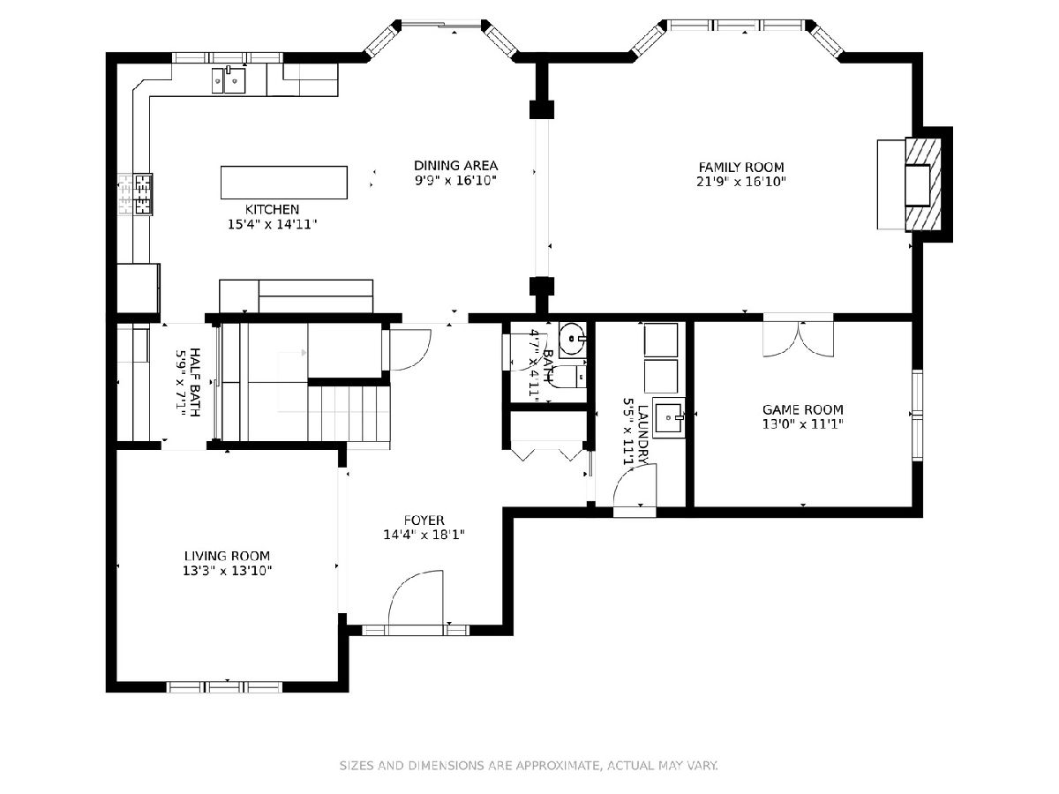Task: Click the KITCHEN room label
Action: [x=272, y=209]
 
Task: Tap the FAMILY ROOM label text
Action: [x=741, y=168]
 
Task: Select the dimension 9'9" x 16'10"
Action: [x=455, y=181]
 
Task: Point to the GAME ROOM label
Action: [x=803, y=409]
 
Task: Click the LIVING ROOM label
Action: [x=227, y=556]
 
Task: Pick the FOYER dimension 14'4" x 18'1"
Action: [x=424, y=535]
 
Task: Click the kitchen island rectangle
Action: [x=283, y=183]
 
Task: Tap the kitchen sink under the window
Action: [x=229, y=80]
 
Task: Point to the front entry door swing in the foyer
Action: [x=416, y=598]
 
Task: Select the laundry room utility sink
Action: [x=669, y=417]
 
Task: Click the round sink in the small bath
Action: [x=572, y=339]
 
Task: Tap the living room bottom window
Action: [x=225, y=687]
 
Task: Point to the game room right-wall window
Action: [x=917, y=415]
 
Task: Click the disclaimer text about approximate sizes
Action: [x=529, y=765]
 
